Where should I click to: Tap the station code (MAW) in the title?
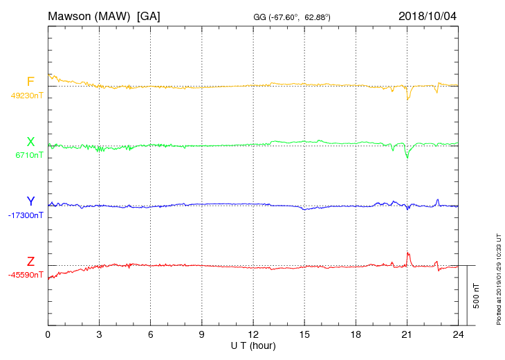(114, 15)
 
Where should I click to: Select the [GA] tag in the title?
(149, 15)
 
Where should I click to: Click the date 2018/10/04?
(428, 15)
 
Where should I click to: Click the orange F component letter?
(30, 82)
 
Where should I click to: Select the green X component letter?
(30, 142)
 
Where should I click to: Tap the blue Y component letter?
(30, 201)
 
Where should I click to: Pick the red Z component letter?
(30, 262)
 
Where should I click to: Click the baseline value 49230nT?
(27, 96)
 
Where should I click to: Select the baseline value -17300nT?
(26, 215)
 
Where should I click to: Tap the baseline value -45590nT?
(26, 275)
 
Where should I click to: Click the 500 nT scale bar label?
(477, 296)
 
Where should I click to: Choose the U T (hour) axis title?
(253, 345)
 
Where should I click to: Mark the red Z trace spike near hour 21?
(408, 254)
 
